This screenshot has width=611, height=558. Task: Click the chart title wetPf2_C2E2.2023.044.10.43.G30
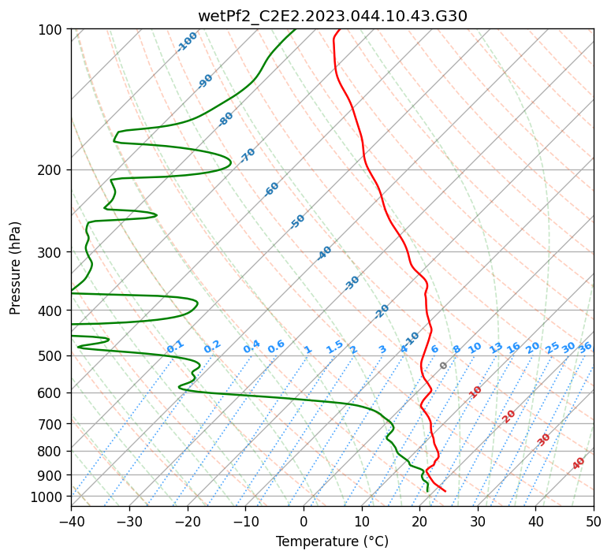pyautogui.click(x=333, y=16)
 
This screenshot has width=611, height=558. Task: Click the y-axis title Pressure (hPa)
pyautogui.click(x=15, y=268)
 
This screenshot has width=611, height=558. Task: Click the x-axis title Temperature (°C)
pyautogui.click(x=333, y=541)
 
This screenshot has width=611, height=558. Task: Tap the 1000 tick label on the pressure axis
pyautogui.click(x=50, y=497)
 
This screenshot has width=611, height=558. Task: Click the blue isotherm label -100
pyautogui.click(x=187, y=42)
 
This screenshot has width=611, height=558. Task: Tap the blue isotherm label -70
pyautogui.click(x=248, y=155)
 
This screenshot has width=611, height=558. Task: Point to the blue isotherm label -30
pyautogui.click(x=352, y=283)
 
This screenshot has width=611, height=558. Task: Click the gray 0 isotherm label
pyautogui.click(x=443, y=365)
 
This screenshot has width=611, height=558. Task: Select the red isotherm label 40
pyautogui.click(x=578, y=463)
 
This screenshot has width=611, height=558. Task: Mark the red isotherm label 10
pyautogui.click(x=475, y=392)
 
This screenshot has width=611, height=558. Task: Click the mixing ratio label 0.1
pyautogui.click(x=175, y=346)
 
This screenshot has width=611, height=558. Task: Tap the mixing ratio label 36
pyautogui.click(x=585, y=348)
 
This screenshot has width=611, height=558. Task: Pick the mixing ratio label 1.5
pyautogui.click(x=335, y=347)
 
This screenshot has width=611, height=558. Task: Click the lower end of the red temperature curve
pyautogui.click(x=445, y=491)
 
